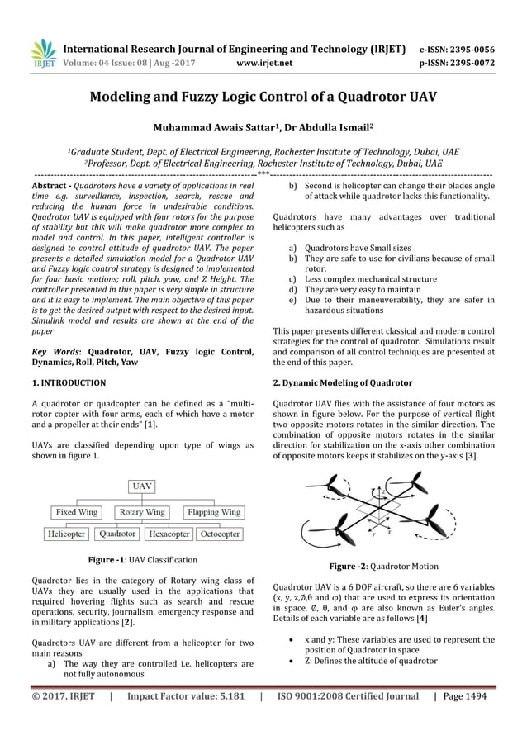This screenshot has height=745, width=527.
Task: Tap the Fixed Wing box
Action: [77, 512]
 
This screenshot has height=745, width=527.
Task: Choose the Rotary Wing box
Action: [143, 512]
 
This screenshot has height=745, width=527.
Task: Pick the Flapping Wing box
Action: [212, 512]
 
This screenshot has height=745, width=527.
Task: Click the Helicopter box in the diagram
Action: [66, 534]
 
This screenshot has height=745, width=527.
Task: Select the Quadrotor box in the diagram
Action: [118, 534]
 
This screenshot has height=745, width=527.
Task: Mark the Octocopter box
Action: [220, 534]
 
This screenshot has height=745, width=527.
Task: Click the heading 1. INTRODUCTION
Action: [68, 383]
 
